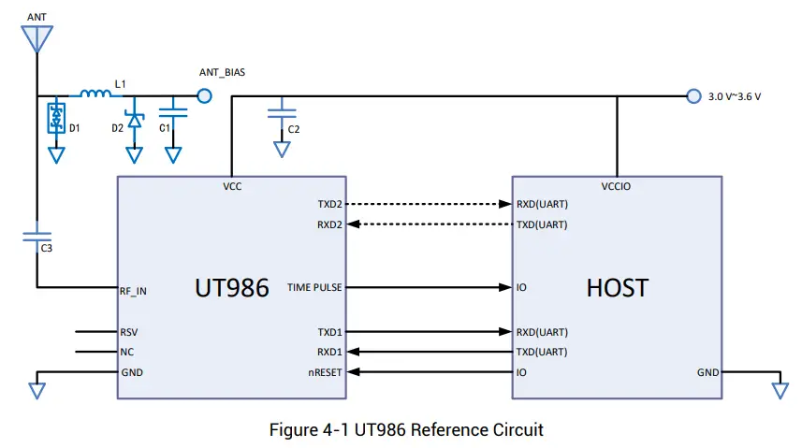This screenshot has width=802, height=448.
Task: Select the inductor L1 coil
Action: coord(95,94)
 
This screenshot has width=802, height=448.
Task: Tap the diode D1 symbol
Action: coord(58,117)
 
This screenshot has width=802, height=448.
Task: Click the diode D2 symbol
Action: coord(134,119)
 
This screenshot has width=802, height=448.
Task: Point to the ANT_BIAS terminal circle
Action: coord(203,95)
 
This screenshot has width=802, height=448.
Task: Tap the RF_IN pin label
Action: coord(134,291)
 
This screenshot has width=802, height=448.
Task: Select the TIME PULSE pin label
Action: coord(314,287)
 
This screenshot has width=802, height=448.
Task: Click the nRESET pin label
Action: coord(323,372)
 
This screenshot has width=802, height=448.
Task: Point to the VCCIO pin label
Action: coord(616,186)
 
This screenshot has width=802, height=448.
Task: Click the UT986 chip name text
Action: coord(231,287)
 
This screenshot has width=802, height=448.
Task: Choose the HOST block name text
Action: coord(617,287)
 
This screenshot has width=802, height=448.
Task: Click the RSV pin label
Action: coord(129,332)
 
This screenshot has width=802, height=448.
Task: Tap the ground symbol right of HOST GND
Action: coord(779,388)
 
